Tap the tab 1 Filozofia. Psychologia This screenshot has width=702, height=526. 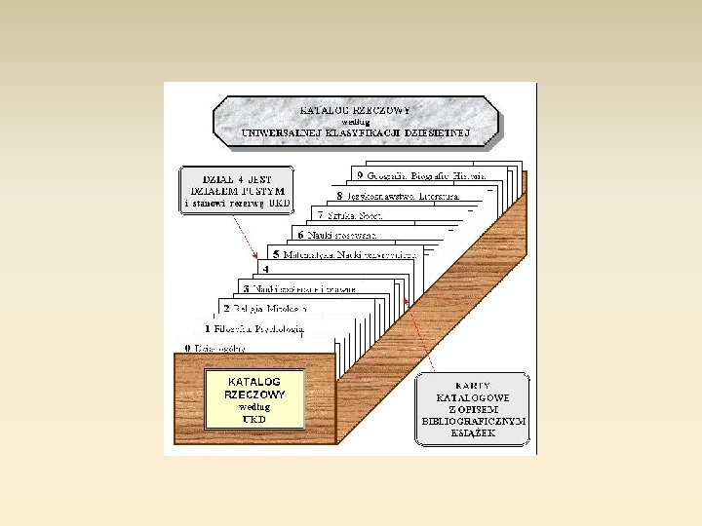coord(253,328)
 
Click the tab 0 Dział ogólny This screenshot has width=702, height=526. coord(215,348)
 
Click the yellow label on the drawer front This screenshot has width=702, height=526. coord(254,399)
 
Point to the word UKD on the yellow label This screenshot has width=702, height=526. coord(254,419)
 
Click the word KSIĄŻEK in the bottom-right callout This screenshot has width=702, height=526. coord(473,432)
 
